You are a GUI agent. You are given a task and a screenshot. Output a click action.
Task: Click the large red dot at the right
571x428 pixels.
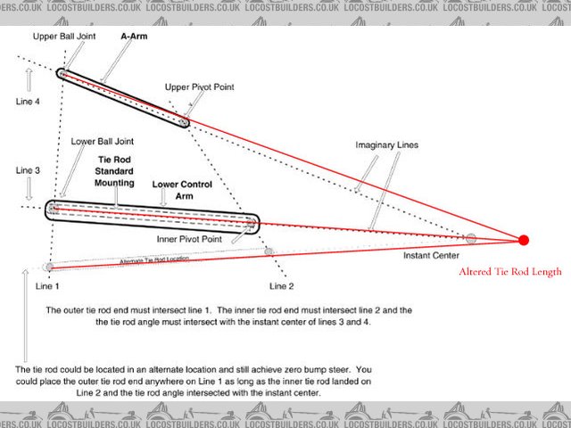point(524,239)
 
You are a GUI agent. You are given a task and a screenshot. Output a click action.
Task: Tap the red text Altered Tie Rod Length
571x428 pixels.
point(509,272)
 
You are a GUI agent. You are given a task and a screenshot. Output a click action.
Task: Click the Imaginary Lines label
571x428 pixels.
point(387,144)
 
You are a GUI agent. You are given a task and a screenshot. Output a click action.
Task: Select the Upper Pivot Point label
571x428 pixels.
point(201,87)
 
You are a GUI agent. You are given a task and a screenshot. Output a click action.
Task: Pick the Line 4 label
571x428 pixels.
point(27,103)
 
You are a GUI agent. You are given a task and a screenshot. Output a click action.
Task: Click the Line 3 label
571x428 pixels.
point(27,169)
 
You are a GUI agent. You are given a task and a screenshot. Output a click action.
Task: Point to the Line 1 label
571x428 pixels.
point(46,286)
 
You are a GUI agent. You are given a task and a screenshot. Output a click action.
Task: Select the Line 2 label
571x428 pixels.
point(283,286)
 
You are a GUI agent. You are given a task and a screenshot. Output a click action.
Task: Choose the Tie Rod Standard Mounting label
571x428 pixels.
point(115,172)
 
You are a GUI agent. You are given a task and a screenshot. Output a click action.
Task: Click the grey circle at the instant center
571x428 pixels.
point(471,238)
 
